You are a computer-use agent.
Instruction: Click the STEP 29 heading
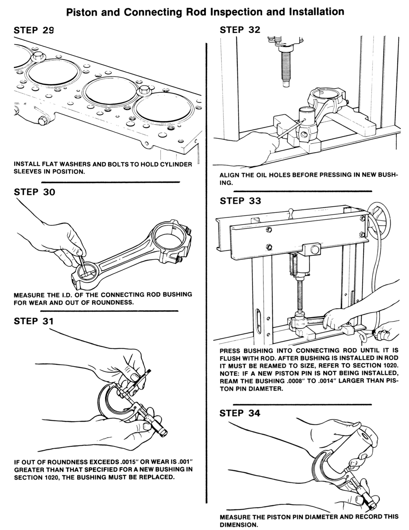(x=34, y=30)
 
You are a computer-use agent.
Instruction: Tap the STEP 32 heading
(x=240, y=30)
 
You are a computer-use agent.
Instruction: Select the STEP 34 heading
(x=240, y=413)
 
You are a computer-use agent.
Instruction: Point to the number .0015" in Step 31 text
(x=131, y=462)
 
